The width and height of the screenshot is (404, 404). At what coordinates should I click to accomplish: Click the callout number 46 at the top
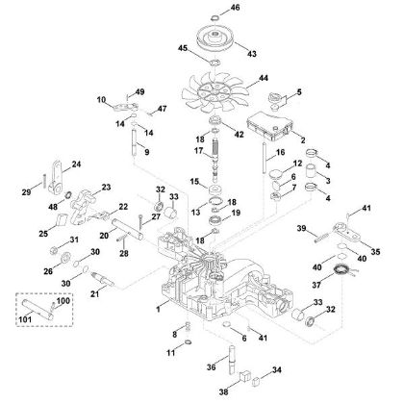point(237,8)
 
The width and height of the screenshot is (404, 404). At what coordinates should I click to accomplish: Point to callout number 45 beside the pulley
point(181,48)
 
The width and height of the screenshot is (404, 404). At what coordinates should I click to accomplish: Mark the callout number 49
point(139,91)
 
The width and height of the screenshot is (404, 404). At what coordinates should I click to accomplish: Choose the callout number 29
point(28,193)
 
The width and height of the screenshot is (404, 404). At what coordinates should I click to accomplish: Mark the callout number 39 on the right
point(300,227)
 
